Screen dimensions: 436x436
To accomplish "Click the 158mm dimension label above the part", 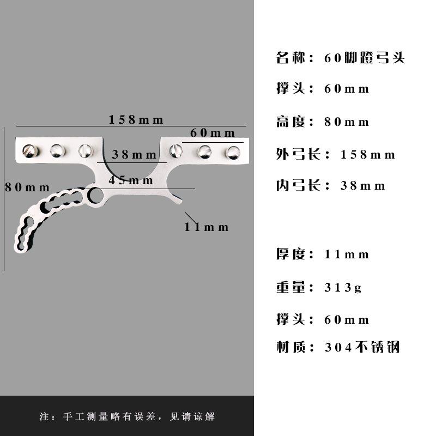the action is [x=136, y=120].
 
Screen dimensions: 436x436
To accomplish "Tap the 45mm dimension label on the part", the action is [x=130, y=180].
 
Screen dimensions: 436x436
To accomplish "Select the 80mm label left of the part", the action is [x=27, y=187].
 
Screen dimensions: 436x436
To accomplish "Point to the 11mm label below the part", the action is [x=207, y=227].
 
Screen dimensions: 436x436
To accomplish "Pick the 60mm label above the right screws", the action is [x=213, y=133].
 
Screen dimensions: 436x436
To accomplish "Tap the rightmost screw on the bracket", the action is [x=233, y=152].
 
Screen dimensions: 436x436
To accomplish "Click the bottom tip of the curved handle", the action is [x=20, y=249].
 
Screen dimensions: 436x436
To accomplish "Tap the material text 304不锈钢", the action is [x=362, y=347].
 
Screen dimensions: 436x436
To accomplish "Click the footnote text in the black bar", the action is [x=127, y=417].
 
